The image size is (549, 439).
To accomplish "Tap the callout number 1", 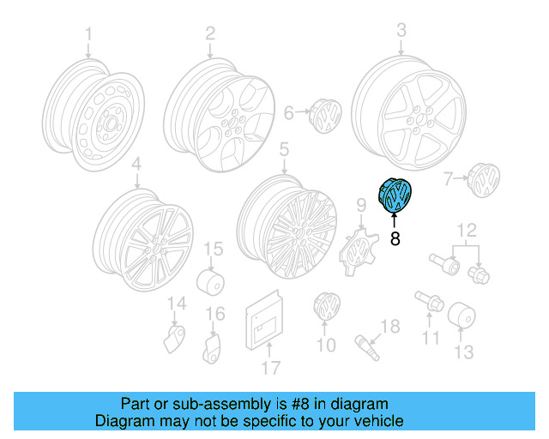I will coord(87,34).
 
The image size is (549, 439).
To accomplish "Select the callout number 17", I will coord(271,368).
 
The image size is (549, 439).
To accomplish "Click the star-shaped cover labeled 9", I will coord(355,248).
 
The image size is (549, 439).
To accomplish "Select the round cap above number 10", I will coord(327,306).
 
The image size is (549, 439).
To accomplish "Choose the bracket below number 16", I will coord(213,347).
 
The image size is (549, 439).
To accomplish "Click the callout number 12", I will coord(465,229).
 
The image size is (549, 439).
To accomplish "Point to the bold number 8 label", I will coord(395,240).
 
